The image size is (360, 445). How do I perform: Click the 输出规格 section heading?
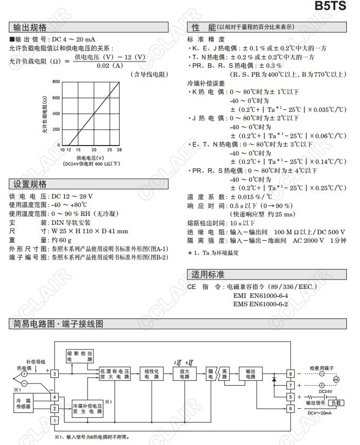29,27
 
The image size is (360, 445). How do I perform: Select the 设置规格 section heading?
29,184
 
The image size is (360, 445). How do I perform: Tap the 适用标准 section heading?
208,275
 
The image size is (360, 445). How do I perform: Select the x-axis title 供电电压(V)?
90,157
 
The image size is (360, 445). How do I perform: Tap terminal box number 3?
54,373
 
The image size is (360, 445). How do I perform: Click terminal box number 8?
289,374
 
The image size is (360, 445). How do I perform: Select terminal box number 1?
54,420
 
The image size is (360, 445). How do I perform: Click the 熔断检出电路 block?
80,356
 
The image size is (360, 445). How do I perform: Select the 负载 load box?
336,403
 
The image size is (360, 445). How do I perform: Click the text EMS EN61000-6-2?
260,304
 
